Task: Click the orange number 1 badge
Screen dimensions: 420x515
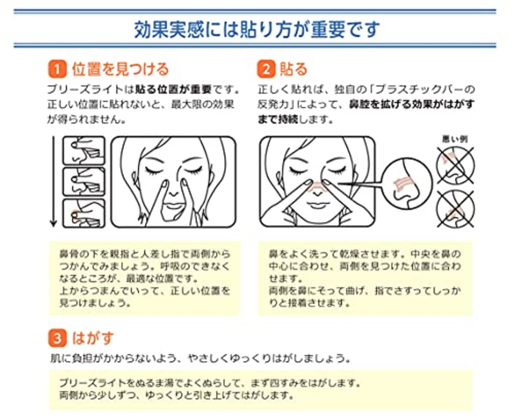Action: pos(57,69)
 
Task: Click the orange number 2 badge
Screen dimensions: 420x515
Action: pos(266,69)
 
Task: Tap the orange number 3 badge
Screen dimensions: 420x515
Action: pos(57,338)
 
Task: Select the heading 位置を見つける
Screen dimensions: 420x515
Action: pos(120,69)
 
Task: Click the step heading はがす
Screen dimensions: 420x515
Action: pos(93,338)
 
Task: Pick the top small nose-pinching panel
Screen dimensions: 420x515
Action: pos(84,150)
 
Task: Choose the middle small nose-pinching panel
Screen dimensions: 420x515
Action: pos(84,182)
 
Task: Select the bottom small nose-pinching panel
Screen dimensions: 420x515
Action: pos(84,213)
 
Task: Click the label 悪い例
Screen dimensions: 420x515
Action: pos(455,139)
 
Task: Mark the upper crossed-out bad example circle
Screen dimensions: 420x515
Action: pos(455,165)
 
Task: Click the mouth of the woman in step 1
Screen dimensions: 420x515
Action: pos(174,206)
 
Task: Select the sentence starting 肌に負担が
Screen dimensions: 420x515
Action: pos(199,358)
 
